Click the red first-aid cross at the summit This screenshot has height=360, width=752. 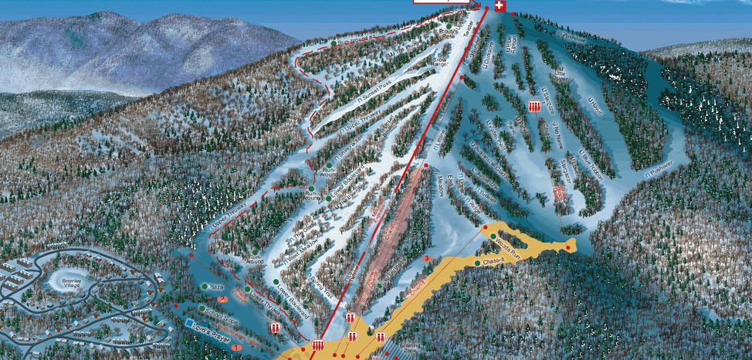pos(500,6)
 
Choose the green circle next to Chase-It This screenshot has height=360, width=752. pos(478,263)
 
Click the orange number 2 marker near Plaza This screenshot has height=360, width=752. pos(222,298)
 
